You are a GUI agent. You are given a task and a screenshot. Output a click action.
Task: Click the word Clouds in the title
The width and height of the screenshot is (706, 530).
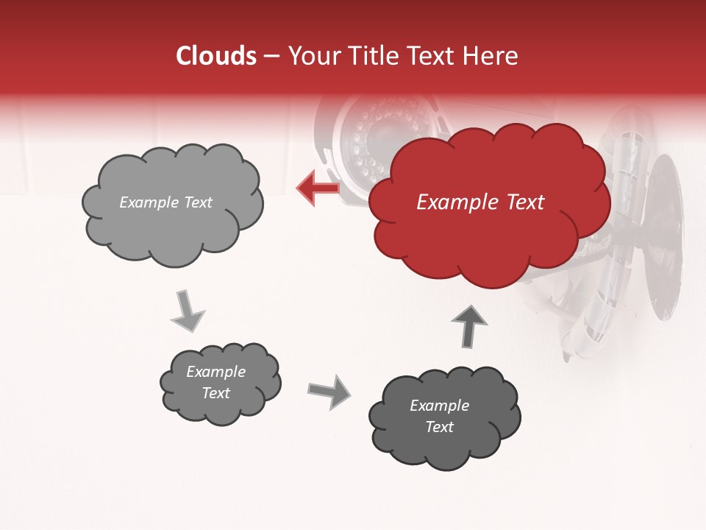pos(215,56)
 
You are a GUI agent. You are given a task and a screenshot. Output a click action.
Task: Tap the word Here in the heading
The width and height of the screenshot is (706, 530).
pos(491,56)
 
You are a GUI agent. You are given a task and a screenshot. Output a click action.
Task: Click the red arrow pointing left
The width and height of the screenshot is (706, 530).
pos(318,188)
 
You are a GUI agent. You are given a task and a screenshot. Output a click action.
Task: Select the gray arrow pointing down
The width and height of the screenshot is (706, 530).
pos(188,311)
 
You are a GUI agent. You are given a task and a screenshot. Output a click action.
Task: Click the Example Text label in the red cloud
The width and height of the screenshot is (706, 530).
pos(480,202)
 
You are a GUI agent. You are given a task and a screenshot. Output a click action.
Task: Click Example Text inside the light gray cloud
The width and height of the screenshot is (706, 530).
pos(165,202)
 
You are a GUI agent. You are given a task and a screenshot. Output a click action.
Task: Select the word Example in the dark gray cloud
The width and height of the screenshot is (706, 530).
pos(439,406)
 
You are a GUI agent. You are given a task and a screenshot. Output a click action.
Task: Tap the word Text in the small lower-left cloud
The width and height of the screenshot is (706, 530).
pos(216,393)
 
